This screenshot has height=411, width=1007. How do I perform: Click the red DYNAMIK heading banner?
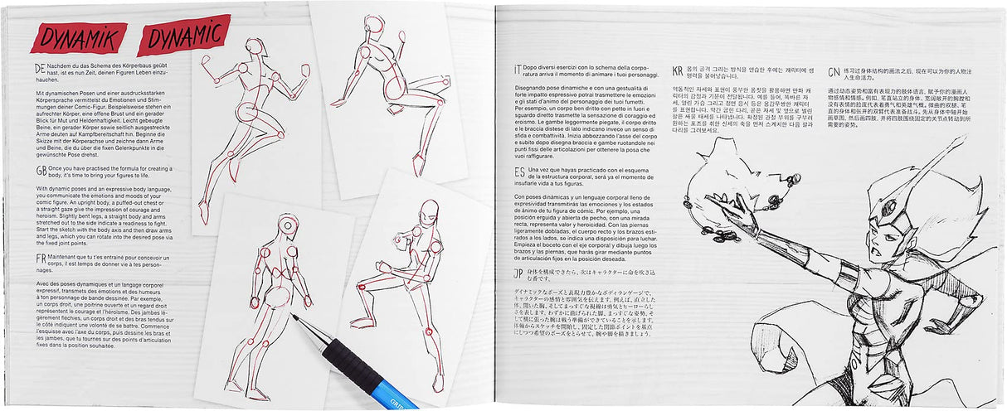click(x=78, y=37)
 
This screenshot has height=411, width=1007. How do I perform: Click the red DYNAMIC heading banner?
click(x=183, y=34)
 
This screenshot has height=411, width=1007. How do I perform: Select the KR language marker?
click(x=677, y=69)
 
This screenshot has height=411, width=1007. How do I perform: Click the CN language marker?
click(x=834, y=69)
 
